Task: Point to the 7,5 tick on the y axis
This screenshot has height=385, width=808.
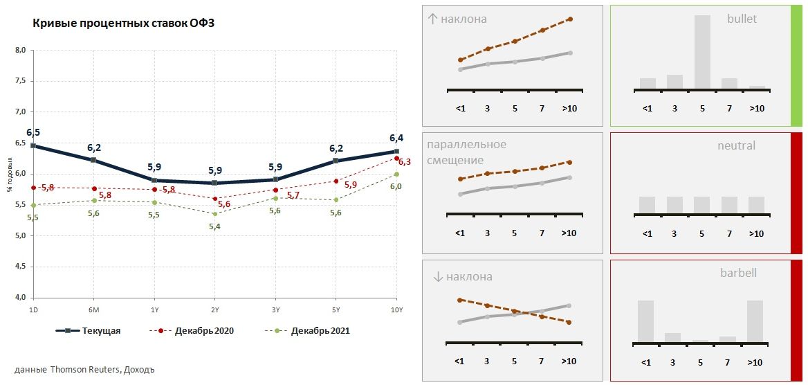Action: (x=21, y=81)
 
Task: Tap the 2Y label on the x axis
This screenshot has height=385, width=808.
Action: (x=215, y=310)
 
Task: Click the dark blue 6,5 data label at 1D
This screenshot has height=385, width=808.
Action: (x=33, y=132)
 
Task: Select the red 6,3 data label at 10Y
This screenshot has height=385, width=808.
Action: (x=405, y=162)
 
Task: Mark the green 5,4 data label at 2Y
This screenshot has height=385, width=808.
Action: (x=214, y=226)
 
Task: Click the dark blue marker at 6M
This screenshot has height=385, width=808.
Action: (x=93, y=160)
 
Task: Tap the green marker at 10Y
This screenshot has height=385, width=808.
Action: (x=396, y=174)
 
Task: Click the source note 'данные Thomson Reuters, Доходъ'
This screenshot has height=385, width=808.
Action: (x=84, y=369)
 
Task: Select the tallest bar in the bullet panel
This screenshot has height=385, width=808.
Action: (x=702, y=52)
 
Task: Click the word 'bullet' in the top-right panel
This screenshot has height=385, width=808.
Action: (x=742, y=19)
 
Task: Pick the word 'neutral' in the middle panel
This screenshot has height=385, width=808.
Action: (x=736, y=145)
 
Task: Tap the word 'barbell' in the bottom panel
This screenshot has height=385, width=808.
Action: (x=738, y=273)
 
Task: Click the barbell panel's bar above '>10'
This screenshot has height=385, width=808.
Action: (x=755, y=321)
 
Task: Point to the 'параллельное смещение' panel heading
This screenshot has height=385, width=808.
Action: (x=467, y=152)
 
